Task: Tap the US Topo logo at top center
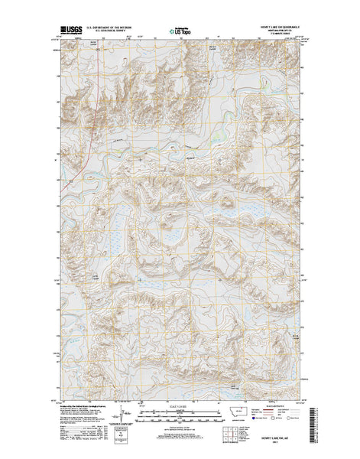[x=180, y=33]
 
